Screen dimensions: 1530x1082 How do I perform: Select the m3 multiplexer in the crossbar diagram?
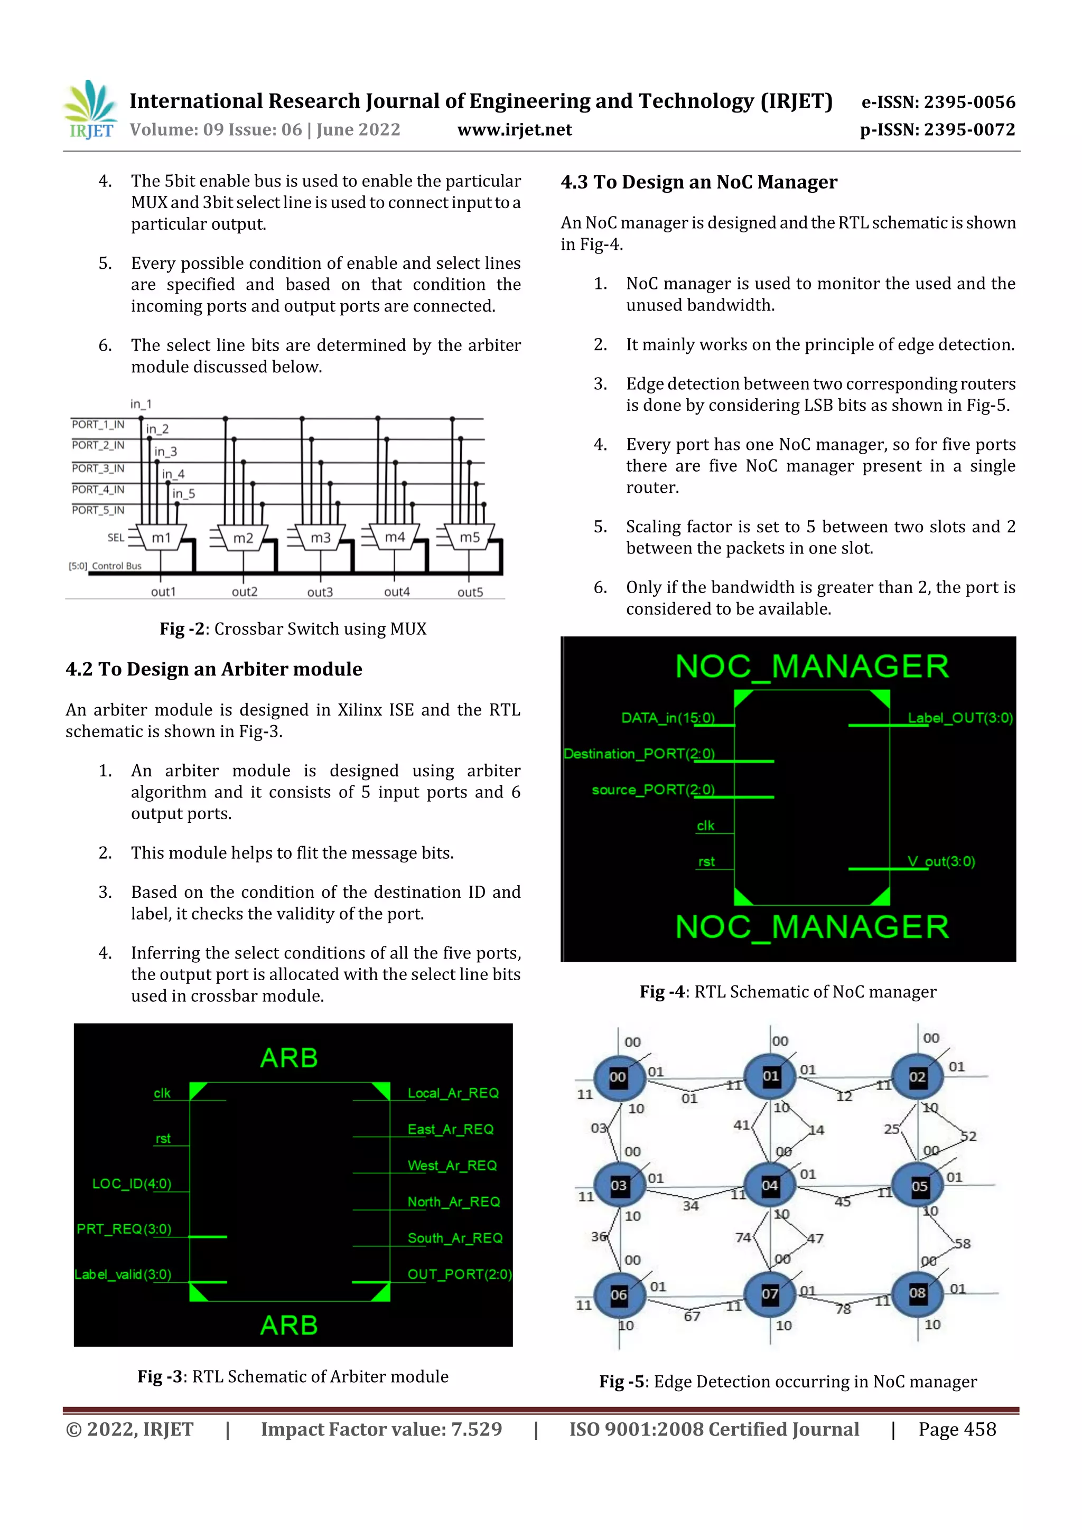click(320, 537)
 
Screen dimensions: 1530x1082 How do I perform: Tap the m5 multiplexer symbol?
click(469, 537)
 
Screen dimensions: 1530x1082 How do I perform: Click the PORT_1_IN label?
click(98, 425)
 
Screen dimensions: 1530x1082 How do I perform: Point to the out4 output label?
click(397, 592)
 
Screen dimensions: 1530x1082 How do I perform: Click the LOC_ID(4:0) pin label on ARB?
click(132, 1184)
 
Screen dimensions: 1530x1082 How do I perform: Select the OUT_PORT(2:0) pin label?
click(459, 1274)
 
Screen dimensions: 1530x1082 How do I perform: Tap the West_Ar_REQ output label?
click(452, 1166)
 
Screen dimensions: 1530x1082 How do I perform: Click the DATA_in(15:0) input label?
click(667, 718)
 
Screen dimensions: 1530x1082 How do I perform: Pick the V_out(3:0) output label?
click(940, 861)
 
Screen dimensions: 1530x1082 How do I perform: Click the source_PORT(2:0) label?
click(652, 790)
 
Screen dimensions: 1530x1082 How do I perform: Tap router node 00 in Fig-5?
click(618, 1077)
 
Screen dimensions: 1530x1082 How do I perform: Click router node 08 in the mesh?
click(917, 1293)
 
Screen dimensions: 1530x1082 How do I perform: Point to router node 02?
click(917, 1077)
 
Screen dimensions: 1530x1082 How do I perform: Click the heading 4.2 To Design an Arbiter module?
click(214, 669)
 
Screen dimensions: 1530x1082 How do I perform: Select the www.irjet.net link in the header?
click(514, 129)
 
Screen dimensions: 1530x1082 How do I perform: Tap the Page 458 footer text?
click(957, 1429)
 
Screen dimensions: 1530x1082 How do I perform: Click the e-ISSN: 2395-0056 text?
click(938, 102)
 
